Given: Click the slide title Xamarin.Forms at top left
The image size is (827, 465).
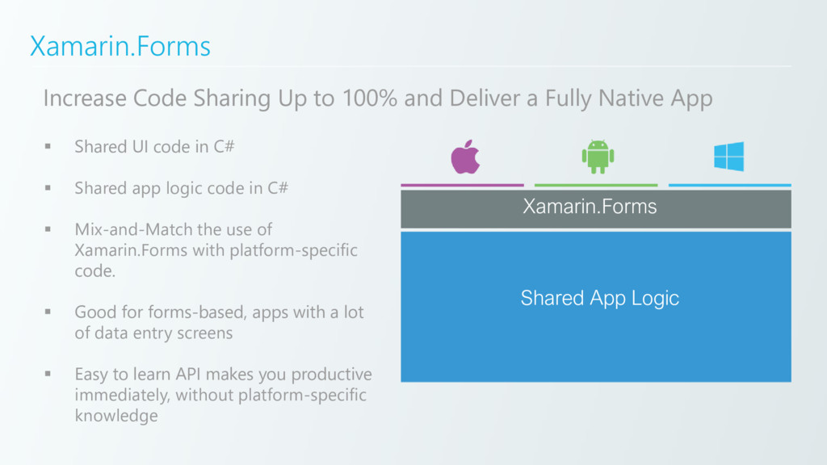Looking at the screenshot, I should [120, 46].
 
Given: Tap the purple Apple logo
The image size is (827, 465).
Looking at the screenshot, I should [465, 157].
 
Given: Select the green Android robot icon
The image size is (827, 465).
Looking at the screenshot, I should [598, 157].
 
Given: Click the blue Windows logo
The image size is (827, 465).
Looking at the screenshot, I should [728, 157].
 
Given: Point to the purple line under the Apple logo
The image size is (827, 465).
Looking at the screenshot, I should [461, 185].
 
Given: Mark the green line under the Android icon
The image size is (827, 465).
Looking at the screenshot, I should [596, 185].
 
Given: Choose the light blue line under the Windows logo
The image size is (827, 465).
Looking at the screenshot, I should [729, 185].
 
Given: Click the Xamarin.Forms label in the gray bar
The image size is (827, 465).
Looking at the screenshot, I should [590, 207].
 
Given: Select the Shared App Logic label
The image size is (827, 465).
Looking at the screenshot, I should [599, 298].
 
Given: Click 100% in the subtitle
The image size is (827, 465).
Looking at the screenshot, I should [368, 98].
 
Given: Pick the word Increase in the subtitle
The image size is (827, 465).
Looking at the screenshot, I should [85, 98].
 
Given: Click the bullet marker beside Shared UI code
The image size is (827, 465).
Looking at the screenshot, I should [48, 147].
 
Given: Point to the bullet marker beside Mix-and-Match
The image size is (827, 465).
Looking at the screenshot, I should [48, 229].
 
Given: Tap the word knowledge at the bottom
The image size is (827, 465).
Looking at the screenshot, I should [115, 416].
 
